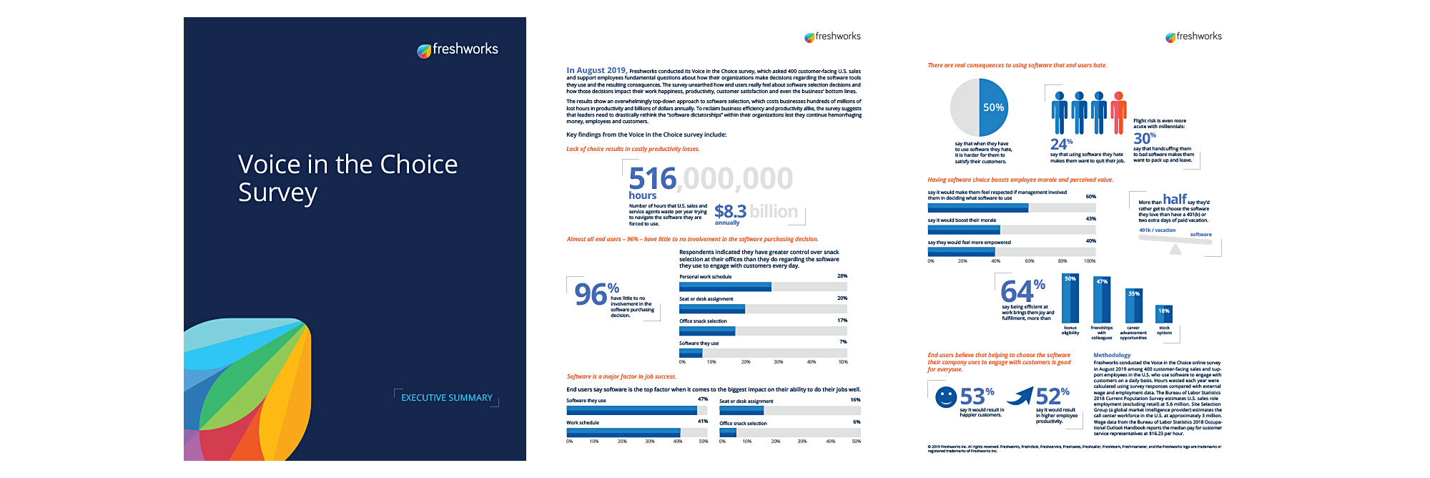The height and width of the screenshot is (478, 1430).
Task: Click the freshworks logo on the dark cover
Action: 458,49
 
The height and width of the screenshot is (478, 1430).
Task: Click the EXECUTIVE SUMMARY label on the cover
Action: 446,398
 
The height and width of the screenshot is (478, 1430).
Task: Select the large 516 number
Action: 652,179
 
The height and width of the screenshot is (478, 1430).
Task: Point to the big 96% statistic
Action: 596,293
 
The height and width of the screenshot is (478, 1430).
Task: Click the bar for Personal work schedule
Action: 725,287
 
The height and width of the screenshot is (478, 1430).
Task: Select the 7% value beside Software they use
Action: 843,342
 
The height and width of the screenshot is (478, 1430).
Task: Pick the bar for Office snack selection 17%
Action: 707,331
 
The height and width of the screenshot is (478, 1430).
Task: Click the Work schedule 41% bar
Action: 623,433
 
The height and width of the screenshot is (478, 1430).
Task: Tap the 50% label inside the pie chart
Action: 993,107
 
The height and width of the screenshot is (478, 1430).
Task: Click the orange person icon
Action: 1119,112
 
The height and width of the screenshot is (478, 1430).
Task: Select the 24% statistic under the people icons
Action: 1061,144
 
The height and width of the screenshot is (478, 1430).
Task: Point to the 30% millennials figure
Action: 1144,138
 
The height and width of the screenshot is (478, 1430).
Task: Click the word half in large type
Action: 1175,199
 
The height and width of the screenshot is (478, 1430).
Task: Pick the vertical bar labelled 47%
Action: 1102,301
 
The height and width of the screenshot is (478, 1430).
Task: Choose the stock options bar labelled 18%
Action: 1164,313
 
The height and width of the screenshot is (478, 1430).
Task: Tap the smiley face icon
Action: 946,397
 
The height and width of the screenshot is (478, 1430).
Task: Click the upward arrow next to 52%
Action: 1021,396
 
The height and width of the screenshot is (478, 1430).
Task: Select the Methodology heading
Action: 1112,355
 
